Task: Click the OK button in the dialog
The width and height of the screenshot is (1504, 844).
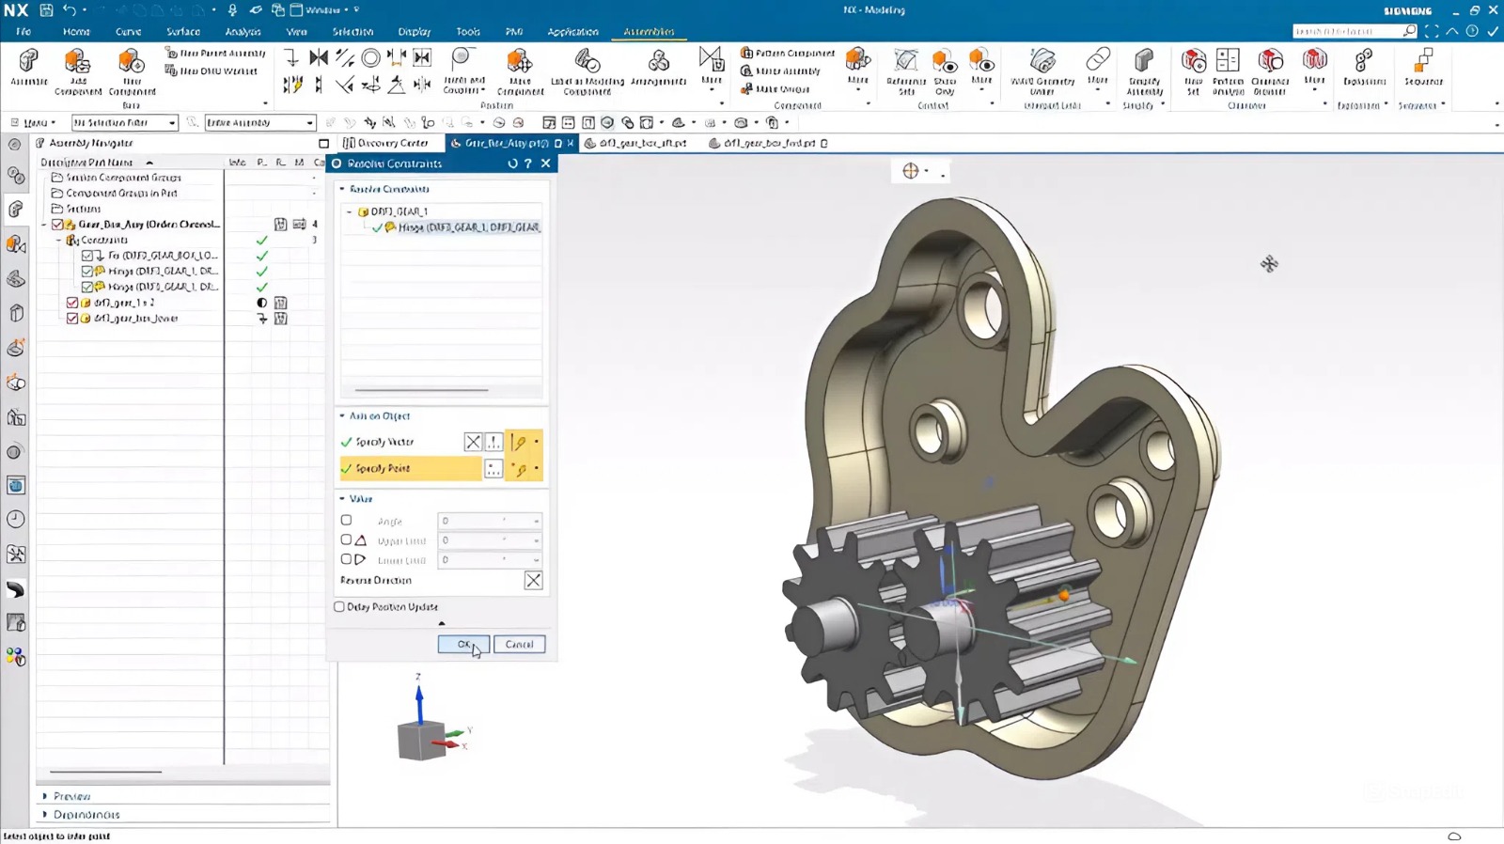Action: coord(462,644)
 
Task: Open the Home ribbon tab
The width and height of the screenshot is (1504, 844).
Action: coord(76,32)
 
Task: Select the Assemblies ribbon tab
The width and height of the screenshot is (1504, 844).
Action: coord(649,32)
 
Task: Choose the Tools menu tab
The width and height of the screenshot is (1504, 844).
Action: coord(468,32)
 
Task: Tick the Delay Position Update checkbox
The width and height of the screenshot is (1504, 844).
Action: coord(339,607)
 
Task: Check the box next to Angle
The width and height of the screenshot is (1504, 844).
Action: coord(346,521)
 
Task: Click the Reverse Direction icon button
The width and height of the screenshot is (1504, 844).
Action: coord(533,581)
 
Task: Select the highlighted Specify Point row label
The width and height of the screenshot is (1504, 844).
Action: coord(383,468)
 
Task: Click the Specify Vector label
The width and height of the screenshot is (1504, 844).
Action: coord(384,442)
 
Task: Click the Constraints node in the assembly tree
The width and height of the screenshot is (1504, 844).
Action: coord(103,240)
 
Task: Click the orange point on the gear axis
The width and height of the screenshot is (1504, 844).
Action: coord(1064,595)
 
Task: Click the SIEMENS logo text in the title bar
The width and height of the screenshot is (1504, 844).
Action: coord(1407,10)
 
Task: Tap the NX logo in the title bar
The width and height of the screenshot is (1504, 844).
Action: coord(16,10)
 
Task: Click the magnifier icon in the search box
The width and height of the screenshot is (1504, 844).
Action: coord(1409,32)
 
